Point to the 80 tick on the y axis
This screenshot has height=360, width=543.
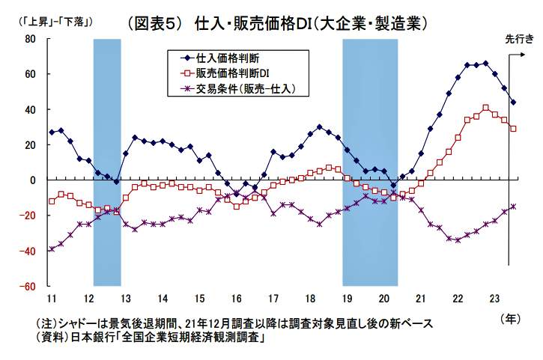pos(31,39)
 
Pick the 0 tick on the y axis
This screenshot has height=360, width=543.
pos(34,180)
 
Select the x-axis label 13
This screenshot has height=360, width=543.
pos(126,298)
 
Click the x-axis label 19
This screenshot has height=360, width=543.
pos(348,298)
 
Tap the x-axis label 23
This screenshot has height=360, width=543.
pos(495,298)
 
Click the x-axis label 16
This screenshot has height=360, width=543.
pos(237,298)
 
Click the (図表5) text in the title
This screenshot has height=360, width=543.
pos(155,22)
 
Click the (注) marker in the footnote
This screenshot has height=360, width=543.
pos(47,323)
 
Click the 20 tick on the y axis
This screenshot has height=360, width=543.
pos(31,145)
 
